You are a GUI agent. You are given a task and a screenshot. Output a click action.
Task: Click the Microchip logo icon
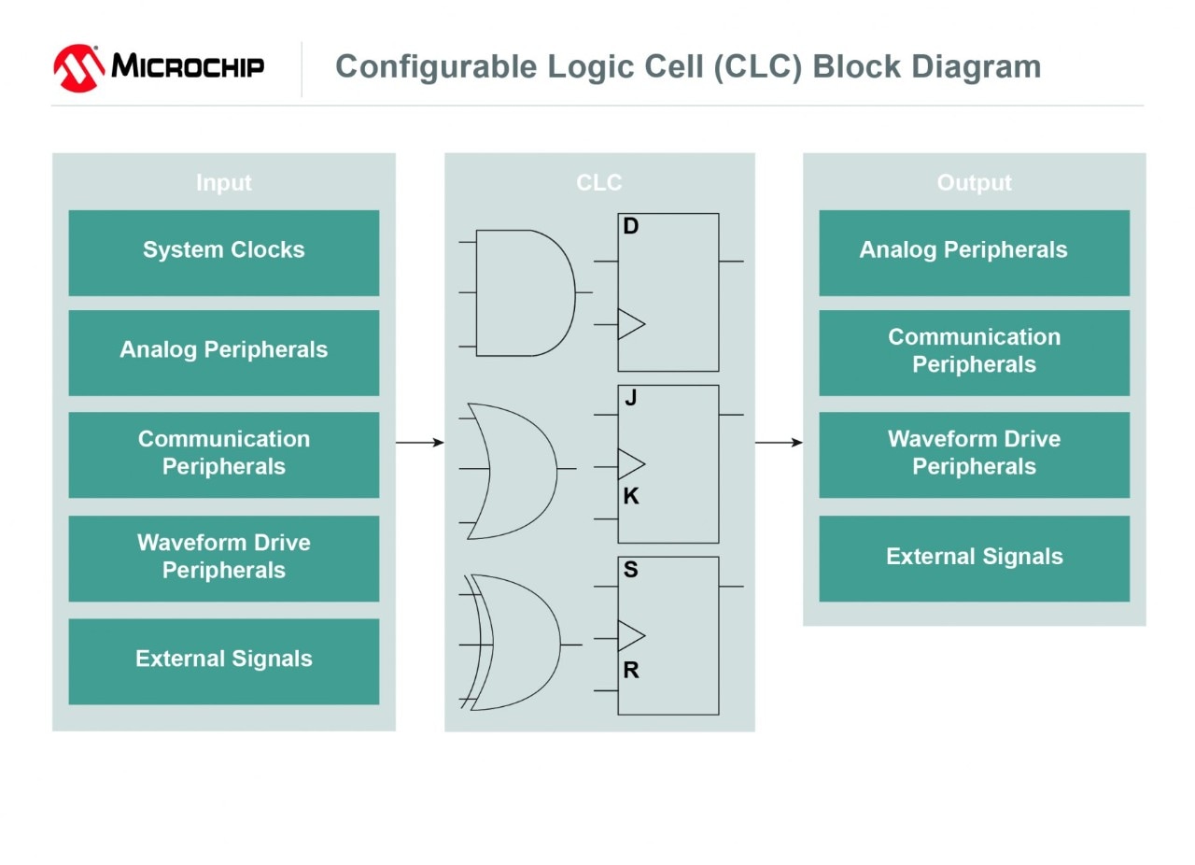pyautogui.click(x=78, y=68)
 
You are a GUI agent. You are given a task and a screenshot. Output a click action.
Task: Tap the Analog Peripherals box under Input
pyautogui.click(x=224, y=352)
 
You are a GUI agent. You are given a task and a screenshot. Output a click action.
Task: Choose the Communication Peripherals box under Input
pyautogui.click(x=224, y=454)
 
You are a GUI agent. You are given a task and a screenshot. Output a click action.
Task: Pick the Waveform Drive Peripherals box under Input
pyautogui.click(x=224, y=558)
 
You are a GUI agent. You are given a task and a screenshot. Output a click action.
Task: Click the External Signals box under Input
pyautogui.click(x=224, y=660)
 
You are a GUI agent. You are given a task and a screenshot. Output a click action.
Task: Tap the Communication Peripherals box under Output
pyautogui.click(x=974, y=352)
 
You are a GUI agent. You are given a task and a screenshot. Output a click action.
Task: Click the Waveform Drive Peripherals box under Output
pyautogui.click(x=974, y=454)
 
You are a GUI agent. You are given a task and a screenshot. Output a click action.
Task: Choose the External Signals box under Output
pyautogui.click(x=974, y=558)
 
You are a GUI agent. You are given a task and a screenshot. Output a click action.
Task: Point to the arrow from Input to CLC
pyautogui.click(x=420, y=442)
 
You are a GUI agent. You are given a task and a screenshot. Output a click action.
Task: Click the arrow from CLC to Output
pyautogui.click(x=779, y=442)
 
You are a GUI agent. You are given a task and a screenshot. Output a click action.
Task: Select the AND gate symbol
pyautogui.click(x=523, y=292)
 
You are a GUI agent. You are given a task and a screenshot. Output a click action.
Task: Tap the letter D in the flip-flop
pyautogui.click(x=631, y=227)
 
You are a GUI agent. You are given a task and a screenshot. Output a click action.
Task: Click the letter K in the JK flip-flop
pyautogui.click(x=631, y=497)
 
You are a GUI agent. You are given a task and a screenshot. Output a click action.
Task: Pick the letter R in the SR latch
pyautogui.click(x=631, y=670)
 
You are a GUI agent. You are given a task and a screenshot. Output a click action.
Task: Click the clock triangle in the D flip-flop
pyautogui.click(x=630, y=324)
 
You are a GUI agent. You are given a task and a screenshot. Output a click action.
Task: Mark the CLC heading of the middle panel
pyautogui.click(x=598, y=183)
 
